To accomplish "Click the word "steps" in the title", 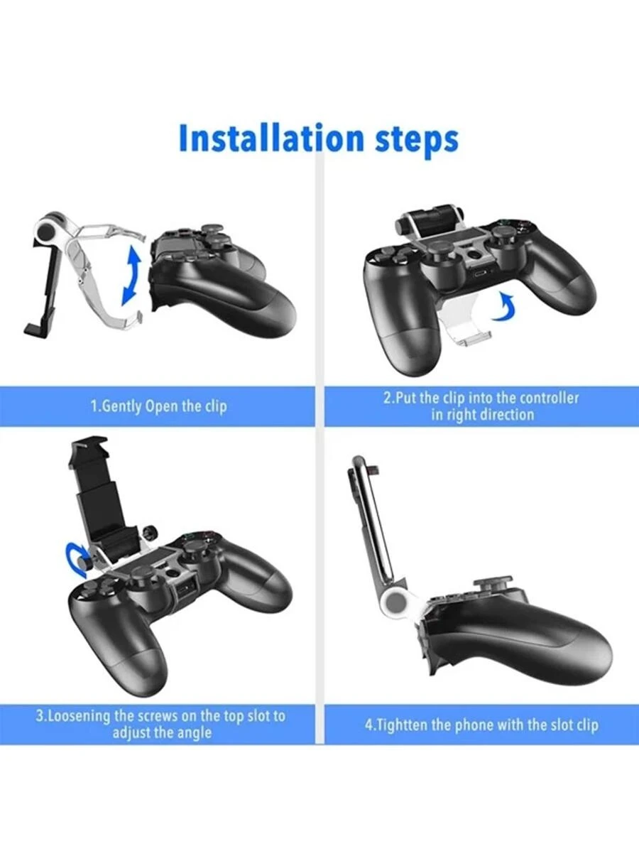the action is [x=417, y=140].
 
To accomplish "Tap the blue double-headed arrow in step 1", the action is [x=130, y=276].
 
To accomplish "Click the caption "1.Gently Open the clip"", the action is [x=158, y=406].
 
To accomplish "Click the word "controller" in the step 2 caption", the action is [x=549, y=398].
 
